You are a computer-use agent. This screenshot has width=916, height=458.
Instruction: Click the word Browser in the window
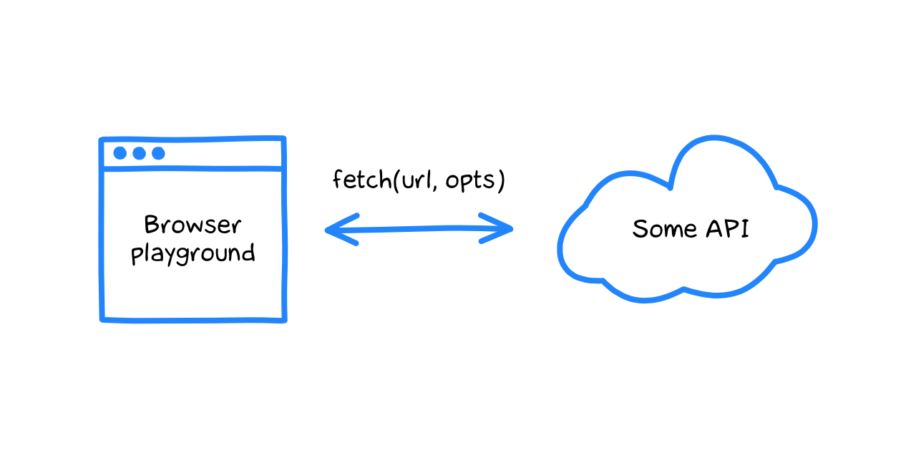tap(193, 225)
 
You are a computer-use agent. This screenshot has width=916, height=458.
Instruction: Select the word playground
tap(193, 254)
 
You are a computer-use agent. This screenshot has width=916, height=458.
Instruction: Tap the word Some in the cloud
tap(664, 228)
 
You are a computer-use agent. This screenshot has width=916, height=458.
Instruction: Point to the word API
tap(728, 228)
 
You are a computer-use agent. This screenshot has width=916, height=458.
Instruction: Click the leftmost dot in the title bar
tap(120, 153)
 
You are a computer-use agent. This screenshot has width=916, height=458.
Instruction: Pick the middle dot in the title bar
tap(139, 153)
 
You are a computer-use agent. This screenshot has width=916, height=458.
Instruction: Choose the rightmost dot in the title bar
tap(158, 153)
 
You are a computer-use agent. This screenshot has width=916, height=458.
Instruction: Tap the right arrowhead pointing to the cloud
tap(497, 228)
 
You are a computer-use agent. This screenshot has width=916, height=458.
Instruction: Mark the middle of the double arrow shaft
tap(419, 229)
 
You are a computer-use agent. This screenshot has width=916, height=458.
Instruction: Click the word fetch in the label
tap(362, 180)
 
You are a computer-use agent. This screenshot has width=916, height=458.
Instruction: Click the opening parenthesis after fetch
tap(396, 180)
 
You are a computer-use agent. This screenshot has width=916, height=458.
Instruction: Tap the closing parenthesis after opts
tap(502, 180)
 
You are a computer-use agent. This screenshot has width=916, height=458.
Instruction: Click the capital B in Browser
tap(152, 225)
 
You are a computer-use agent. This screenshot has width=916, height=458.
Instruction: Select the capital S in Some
tap(639, 228)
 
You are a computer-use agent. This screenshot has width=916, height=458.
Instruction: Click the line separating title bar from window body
tap(193, 168)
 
